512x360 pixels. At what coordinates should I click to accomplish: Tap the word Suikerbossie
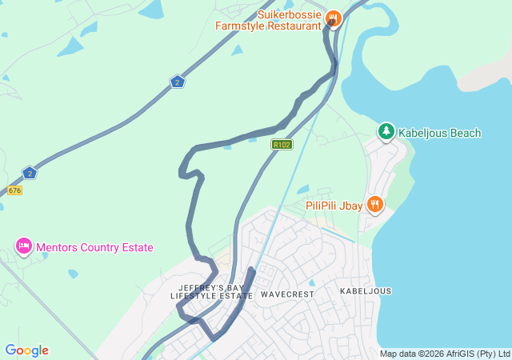(x=290, y=14)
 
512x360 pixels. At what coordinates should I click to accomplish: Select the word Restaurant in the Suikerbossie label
(x=292, y=26)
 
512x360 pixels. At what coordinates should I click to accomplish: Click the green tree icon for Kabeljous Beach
(x=386, y=130)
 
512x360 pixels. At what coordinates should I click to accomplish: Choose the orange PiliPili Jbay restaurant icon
(x=374, y=205)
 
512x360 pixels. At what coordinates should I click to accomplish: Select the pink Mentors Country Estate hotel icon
(x=24, y=246)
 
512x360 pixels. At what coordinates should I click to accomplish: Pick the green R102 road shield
(x=282, y=145)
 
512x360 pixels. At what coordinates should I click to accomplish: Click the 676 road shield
(x=14, y=190)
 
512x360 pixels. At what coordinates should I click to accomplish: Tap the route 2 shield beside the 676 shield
(x=30, y=173)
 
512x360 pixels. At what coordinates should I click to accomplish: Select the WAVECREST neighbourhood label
(x=287, y=294)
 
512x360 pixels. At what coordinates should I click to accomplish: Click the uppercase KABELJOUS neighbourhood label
(x=366, y=291)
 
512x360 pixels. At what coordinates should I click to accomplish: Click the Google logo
(x=26, y=350)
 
